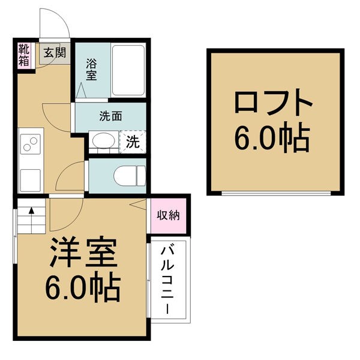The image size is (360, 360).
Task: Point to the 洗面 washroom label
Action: (110, 116)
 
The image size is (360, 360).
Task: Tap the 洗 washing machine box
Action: (133, 143)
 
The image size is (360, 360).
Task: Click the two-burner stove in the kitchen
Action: (29, 144)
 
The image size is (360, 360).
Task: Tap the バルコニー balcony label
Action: (169, 280)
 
